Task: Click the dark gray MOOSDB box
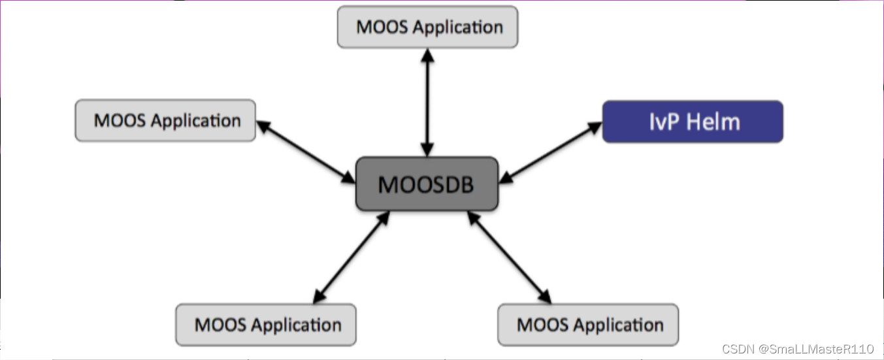(427, 184)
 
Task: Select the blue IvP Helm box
(692, 122)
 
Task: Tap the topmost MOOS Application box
(427, 27)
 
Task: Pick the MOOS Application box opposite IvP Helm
(165, 120)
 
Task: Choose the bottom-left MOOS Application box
(266, 325)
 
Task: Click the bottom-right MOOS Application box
(588, 325)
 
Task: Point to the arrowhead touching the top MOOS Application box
(427, 55)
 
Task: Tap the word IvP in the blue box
(664, 122)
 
